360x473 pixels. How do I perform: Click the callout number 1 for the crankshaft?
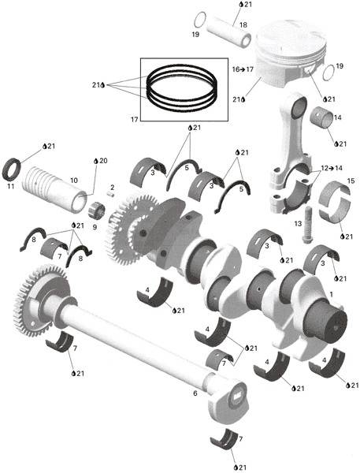pyautogui.click(x=332, y=294)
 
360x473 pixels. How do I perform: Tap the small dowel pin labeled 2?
pyautogui.click(x=111, y=194)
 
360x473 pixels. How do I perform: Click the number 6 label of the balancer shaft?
pyautogui.click(x=195, y=393)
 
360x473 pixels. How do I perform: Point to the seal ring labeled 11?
pyautogui.click(x=12, y=168)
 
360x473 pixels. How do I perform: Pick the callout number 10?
pyautogui.click(x=74, y=181)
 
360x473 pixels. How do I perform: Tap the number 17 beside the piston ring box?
pyautogui.click(x=134, y=120)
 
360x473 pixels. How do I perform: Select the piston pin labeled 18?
pyautogui.click(x=228, y=32)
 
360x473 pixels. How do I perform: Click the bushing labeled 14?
pyautogui.click(x=321, y=117)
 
